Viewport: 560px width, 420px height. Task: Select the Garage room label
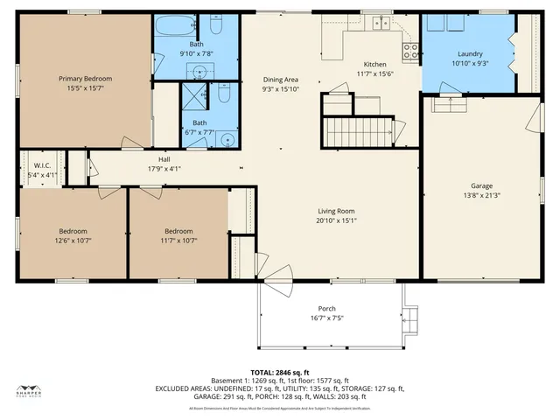480,186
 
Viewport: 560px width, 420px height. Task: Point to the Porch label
326,309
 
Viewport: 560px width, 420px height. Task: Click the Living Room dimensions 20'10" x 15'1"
335,220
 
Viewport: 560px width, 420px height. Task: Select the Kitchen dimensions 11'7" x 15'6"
375,74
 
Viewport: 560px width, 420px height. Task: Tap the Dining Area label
280,79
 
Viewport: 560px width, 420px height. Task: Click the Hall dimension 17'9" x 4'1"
164,169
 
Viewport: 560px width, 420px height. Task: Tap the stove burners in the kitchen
409,51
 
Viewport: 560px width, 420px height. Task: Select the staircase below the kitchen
359,132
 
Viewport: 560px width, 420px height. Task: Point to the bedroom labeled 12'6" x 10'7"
73,235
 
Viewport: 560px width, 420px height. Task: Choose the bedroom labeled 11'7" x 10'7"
178,235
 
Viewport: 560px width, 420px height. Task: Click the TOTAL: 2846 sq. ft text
280,373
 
